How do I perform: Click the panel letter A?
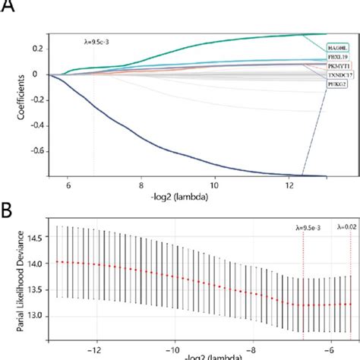(x=10, y=8)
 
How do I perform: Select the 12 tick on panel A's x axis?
(x=289, y=185)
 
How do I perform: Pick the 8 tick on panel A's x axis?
(x=141, y=185)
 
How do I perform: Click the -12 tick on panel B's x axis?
(x=94, y=350)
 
